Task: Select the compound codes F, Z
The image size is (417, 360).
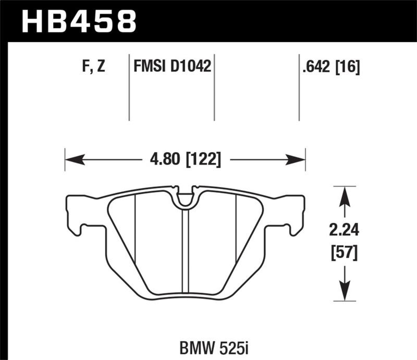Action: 93,66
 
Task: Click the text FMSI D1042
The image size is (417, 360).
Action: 172,66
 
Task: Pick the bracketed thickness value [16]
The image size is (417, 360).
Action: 348,66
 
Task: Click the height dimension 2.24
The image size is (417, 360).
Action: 344,229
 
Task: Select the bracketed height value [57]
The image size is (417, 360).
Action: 344,254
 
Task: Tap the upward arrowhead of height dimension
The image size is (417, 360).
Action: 344,193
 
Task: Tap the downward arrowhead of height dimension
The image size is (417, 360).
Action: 344,294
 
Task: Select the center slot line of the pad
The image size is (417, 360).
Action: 185,250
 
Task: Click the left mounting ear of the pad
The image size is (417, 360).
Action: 76,214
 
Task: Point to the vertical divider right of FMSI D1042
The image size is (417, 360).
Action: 215,86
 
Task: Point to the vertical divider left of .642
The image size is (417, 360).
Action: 299,86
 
